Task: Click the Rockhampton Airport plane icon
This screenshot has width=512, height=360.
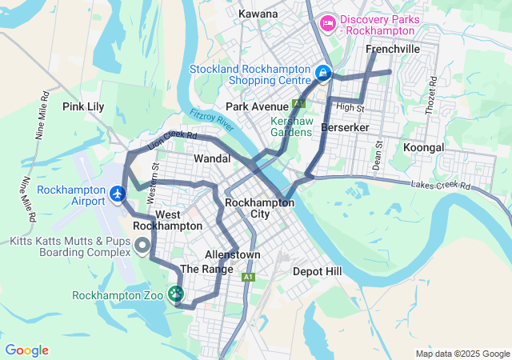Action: coord(118,194)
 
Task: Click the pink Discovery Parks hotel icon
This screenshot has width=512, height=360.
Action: coord(327,24)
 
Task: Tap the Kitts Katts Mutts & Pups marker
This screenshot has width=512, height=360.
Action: coord(142,245)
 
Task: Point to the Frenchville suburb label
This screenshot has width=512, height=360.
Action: coord(393,50)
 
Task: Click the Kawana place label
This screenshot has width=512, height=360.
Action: coord(258,14)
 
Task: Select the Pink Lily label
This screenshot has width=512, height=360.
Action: coord(84,106)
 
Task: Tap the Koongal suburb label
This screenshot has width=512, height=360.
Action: coord(424,148)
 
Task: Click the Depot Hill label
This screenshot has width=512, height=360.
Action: coord(317,271)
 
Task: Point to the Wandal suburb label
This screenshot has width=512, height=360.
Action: coord(212,159)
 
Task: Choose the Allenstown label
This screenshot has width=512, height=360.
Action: coord(233,254)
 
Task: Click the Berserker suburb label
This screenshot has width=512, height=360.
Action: coord(343,128)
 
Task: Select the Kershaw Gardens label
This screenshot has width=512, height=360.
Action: coord(290,126)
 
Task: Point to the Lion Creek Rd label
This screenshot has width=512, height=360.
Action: coord(172,141)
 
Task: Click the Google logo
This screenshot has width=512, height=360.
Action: coord(26,350)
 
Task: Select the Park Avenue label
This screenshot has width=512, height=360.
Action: coord(256,106)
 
